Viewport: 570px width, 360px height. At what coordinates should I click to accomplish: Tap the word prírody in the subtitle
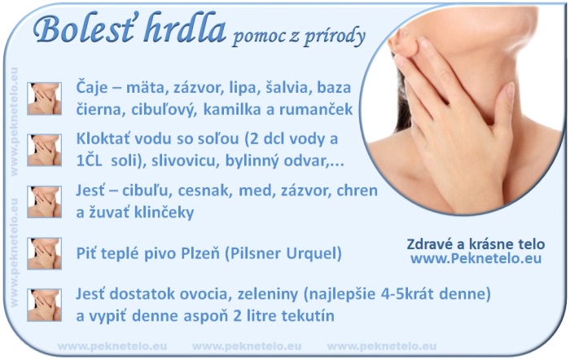334,37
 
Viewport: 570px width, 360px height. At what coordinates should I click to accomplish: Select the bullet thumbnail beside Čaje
44,99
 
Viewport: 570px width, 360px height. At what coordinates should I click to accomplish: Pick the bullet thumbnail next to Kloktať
44,150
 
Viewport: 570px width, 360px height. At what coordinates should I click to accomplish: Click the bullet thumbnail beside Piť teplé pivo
44,253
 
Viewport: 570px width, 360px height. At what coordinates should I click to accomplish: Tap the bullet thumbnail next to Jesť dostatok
44,305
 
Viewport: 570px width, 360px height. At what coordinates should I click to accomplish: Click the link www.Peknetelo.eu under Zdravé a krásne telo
476,258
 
